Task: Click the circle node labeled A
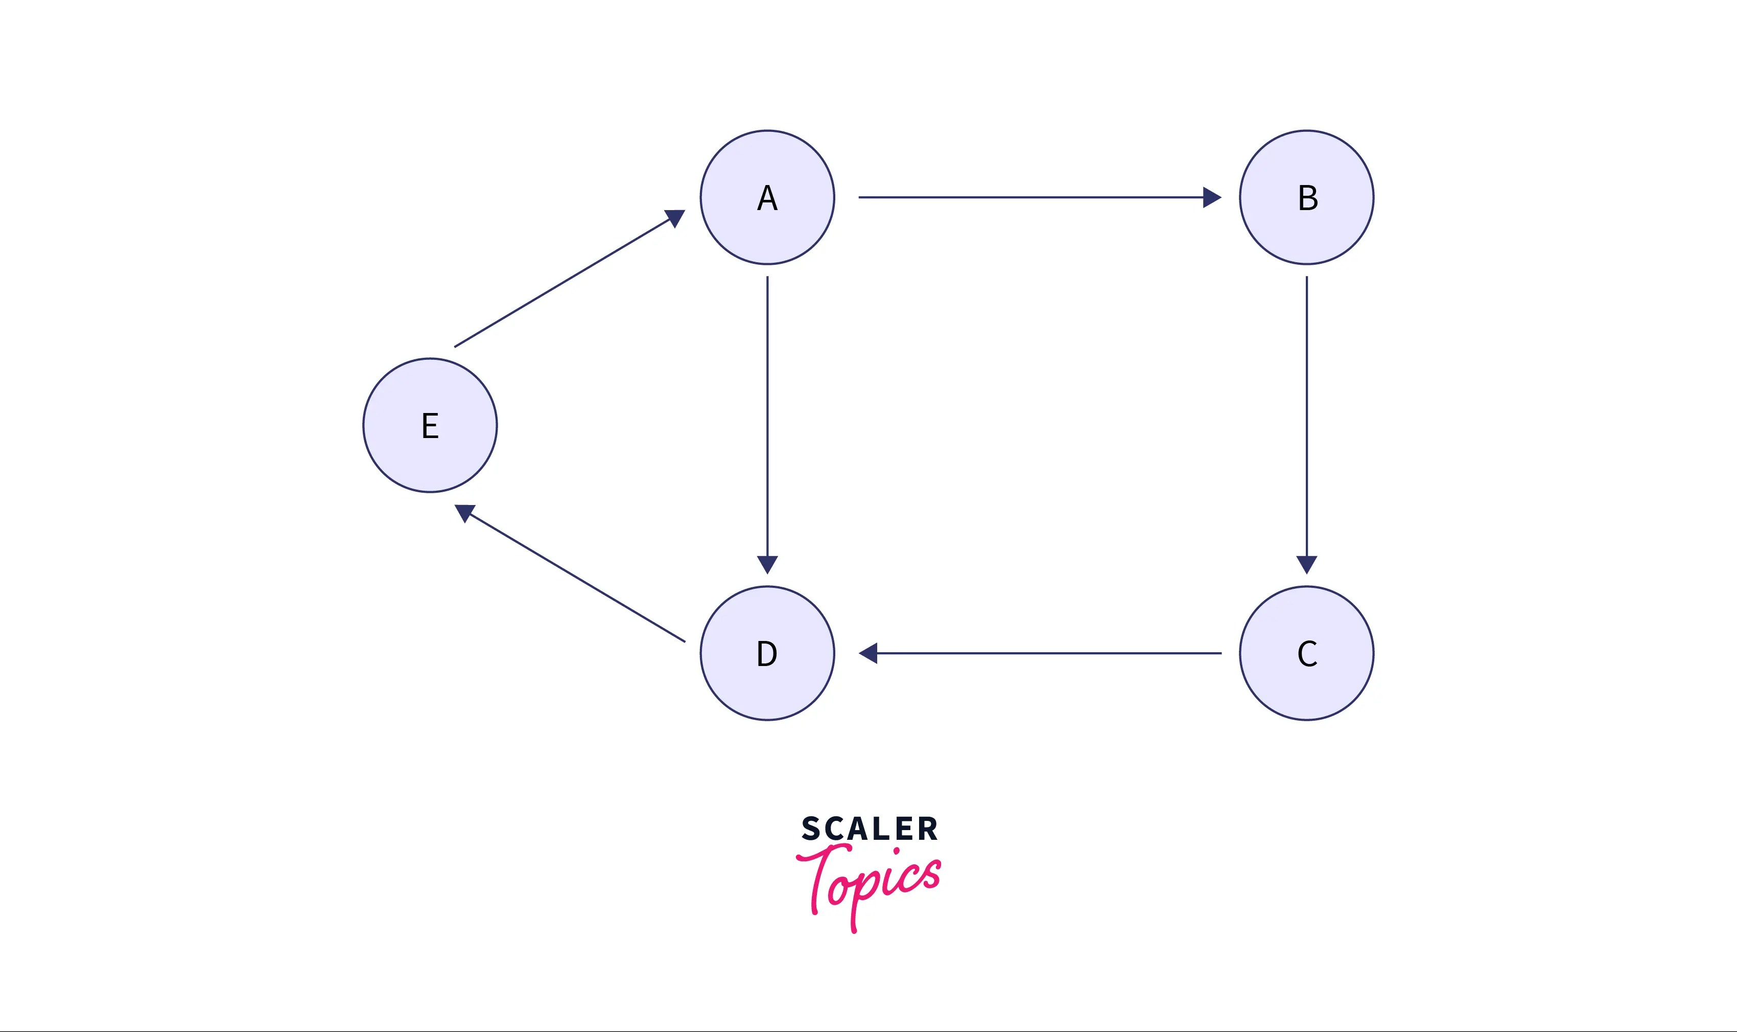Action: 767,197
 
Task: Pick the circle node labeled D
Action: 767,653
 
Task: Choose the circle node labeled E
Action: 430,425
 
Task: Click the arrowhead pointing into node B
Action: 1211,197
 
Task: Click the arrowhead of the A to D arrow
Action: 767,564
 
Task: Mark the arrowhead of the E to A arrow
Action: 675,218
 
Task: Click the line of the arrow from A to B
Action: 1029,197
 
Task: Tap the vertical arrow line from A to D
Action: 767,417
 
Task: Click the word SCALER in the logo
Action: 869,829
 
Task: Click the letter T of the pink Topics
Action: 820,876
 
